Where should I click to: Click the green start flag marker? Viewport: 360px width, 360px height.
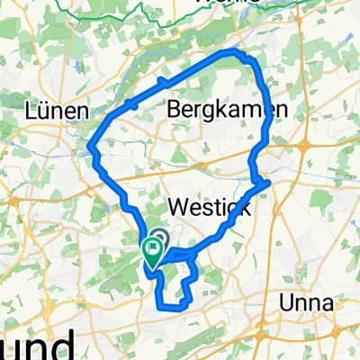[x=150, y=251]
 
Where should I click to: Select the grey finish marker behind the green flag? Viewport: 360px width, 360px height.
[x=159, y=239]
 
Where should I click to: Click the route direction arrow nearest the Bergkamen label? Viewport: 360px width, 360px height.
[x=164, y=82]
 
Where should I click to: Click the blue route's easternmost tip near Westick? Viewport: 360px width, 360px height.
[x=268, y=184]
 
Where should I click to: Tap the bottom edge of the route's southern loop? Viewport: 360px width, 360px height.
[x=171, y=308]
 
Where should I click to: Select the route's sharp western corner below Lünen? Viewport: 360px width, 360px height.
[x=93, y=147]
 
